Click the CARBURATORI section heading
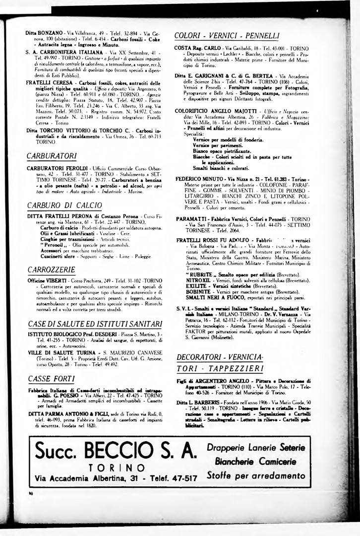(52, 156)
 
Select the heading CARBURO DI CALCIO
(59, 204)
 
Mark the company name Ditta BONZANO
(44, 33)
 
